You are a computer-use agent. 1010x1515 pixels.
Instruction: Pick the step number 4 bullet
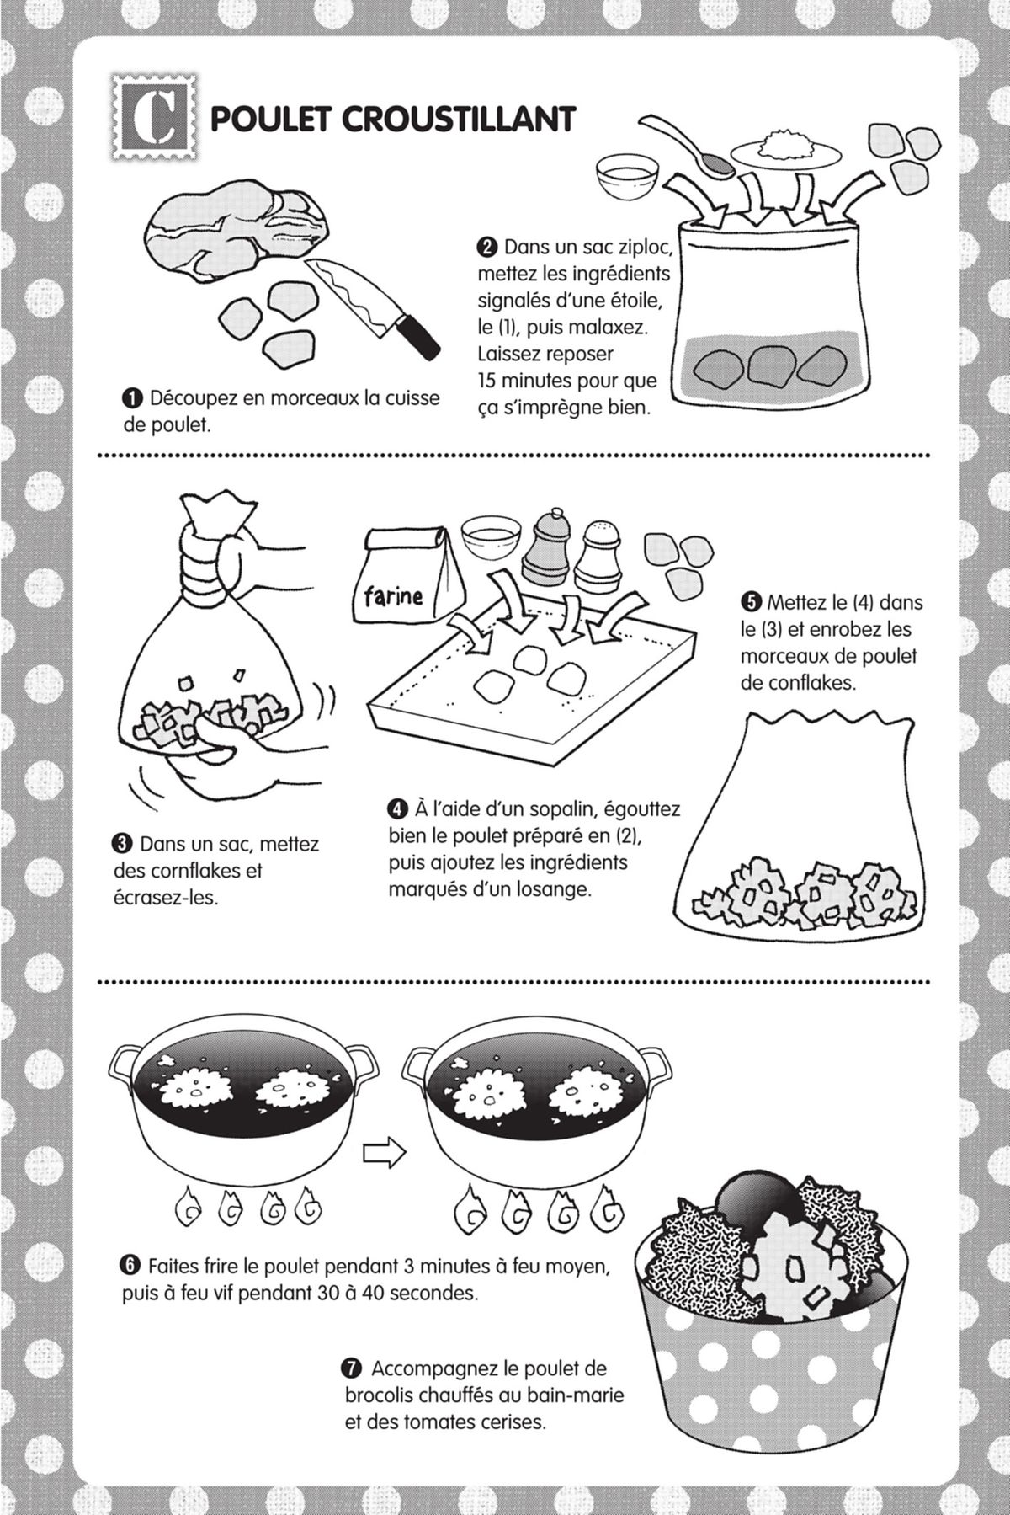397,809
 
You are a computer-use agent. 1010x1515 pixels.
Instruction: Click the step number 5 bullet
750,602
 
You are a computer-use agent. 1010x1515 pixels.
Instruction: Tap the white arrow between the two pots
383,1153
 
